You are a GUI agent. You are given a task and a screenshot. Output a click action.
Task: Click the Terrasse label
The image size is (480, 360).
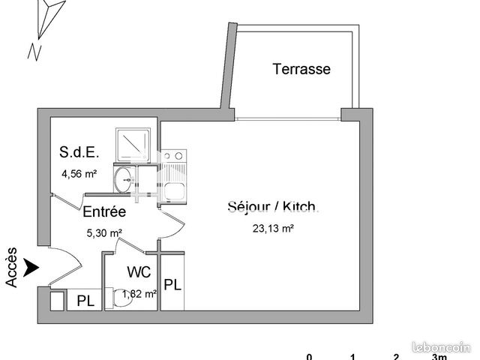click(301, 69)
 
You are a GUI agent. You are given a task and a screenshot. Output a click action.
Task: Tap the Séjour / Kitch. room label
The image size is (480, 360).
click(273, 207)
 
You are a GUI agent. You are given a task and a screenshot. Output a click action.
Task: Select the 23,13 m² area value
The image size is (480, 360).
click(273, 228)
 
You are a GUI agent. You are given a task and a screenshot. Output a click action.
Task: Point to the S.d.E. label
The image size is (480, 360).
click(79, 152)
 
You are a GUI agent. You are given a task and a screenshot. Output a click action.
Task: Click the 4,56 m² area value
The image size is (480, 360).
click(79, 174)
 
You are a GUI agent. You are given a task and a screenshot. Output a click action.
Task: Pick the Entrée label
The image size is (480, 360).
click(104, 211)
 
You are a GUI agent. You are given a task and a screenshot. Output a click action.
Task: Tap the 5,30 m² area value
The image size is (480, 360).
click(104, 233)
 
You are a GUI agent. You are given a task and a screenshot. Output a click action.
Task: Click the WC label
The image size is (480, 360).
click(139, 271)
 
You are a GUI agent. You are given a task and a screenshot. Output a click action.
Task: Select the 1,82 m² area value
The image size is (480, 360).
click(139, 294)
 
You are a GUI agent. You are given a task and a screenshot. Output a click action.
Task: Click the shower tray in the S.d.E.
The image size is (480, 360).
click(133, 145)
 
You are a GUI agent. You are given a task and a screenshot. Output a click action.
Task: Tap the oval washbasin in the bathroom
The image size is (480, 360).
click(123, 180)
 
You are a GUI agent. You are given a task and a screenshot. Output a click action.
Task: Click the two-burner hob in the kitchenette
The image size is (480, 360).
click(173, 156)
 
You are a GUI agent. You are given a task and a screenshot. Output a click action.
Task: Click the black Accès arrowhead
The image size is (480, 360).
click(31, 268)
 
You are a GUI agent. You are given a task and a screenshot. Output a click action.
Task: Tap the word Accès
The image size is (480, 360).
click(11, 267)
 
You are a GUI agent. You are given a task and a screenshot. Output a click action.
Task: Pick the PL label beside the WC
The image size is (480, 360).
click(172, 285)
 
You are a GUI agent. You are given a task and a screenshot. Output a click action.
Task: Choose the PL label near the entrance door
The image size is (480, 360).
click(85, 301)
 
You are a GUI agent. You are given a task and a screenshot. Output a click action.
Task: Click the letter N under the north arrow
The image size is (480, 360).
click(34, 52)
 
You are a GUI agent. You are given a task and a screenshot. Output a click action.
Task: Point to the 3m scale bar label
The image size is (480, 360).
click(439, 357)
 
